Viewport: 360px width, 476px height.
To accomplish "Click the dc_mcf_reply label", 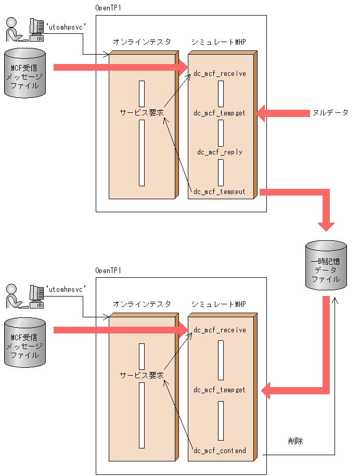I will (x=220, y=152).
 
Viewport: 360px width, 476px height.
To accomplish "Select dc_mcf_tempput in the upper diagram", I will (x=220, y=192).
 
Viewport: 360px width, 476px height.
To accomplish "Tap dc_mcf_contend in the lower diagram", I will (x=220, y=451).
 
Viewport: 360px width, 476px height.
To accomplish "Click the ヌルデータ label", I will (x=330, y=112).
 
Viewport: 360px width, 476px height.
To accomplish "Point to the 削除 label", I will (x=295, y=441).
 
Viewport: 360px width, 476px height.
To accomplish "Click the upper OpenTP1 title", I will (x=108, y=8).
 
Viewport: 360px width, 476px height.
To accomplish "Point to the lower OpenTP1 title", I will (x=108, y=271).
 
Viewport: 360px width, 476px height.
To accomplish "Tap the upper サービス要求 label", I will (x=142, y=112).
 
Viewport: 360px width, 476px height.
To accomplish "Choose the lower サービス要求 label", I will (x=142, y=375).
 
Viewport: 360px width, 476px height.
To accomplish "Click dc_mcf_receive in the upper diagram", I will (x=220, y=74).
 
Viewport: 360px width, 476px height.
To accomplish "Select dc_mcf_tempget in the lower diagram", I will (x=220, y=390).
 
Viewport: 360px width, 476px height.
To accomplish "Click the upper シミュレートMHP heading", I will (x=218, y=42).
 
